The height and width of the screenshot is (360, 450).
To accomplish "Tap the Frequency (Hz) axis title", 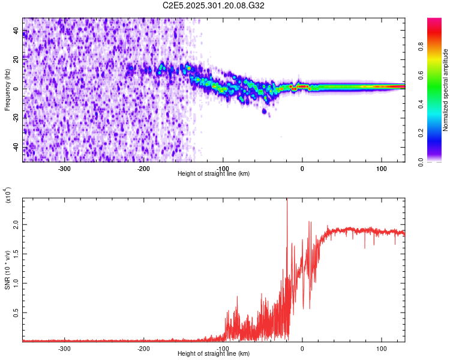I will click(x=7, y=90).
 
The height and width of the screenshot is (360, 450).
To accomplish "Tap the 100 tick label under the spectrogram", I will click(x=381, y=168).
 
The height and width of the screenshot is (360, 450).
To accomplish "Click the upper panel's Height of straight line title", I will click(x=214, y=174).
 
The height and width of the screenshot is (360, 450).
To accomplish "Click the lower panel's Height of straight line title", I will click(x=214, y=354).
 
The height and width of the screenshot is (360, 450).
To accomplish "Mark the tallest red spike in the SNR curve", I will click(x=287, y=200).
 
